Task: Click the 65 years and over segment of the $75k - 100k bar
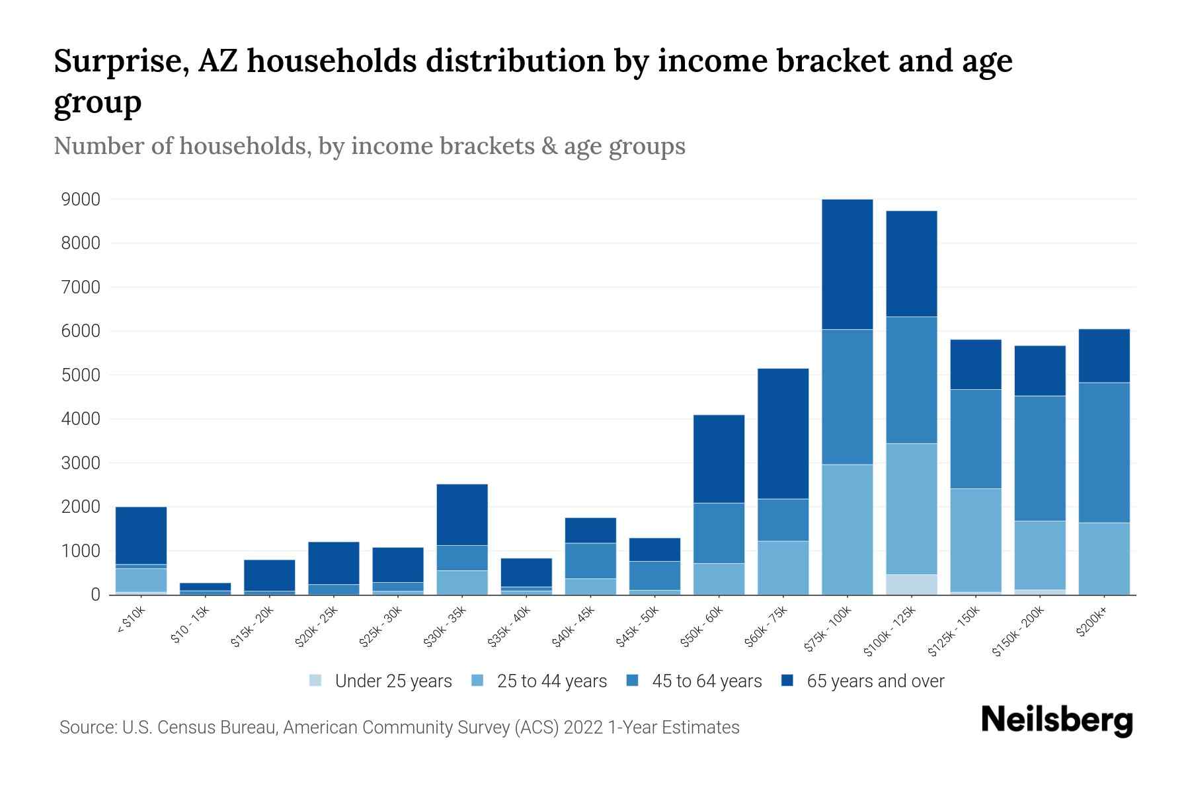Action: [847, 264]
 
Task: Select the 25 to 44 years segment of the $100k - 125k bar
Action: [911, 509]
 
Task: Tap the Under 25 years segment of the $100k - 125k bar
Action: [911, 585]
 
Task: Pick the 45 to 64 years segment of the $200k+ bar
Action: [1104, 453]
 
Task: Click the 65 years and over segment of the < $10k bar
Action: [141, 535]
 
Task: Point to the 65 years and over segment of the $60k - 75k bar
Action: [783, 434]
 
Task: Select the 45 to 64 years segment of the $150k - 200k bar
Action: [1040, 459]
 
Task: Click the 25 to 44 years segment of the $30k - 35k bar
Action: [462, 583]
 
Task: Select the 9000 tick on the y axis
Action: [81, 200]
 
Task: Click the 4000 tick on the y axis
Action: [81, 419]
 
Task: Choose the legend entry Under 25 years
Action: [393, 681]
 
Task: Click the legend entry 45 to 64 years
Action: [706, 681]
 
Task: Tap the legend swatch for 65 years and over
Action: [787, 681]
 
